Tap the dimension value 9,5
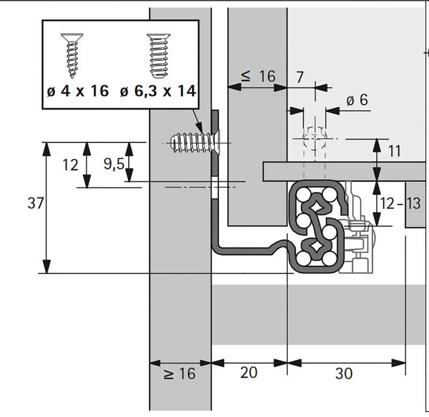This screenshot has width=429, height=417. click(114, 164)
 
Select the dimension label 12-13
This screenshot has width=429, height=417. click(400, 203)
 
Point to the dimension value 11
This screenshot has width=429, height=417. click(394, 151)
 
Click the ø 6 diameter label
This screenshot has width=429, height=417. click(357, 100)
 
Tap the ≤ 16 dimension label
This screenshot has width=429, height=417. click(257, 77)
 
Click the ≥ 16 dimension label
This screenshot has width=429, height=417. click(180, 374)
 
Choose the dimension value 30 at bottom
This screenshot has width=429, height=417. click(344, 372)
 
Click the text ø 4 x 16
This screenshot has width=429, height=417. click(77, 91)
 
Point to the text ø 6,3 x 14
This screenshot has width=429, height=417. click(157, 91)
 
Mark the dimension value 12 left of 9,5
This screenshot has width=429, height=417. click(70, 165)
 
